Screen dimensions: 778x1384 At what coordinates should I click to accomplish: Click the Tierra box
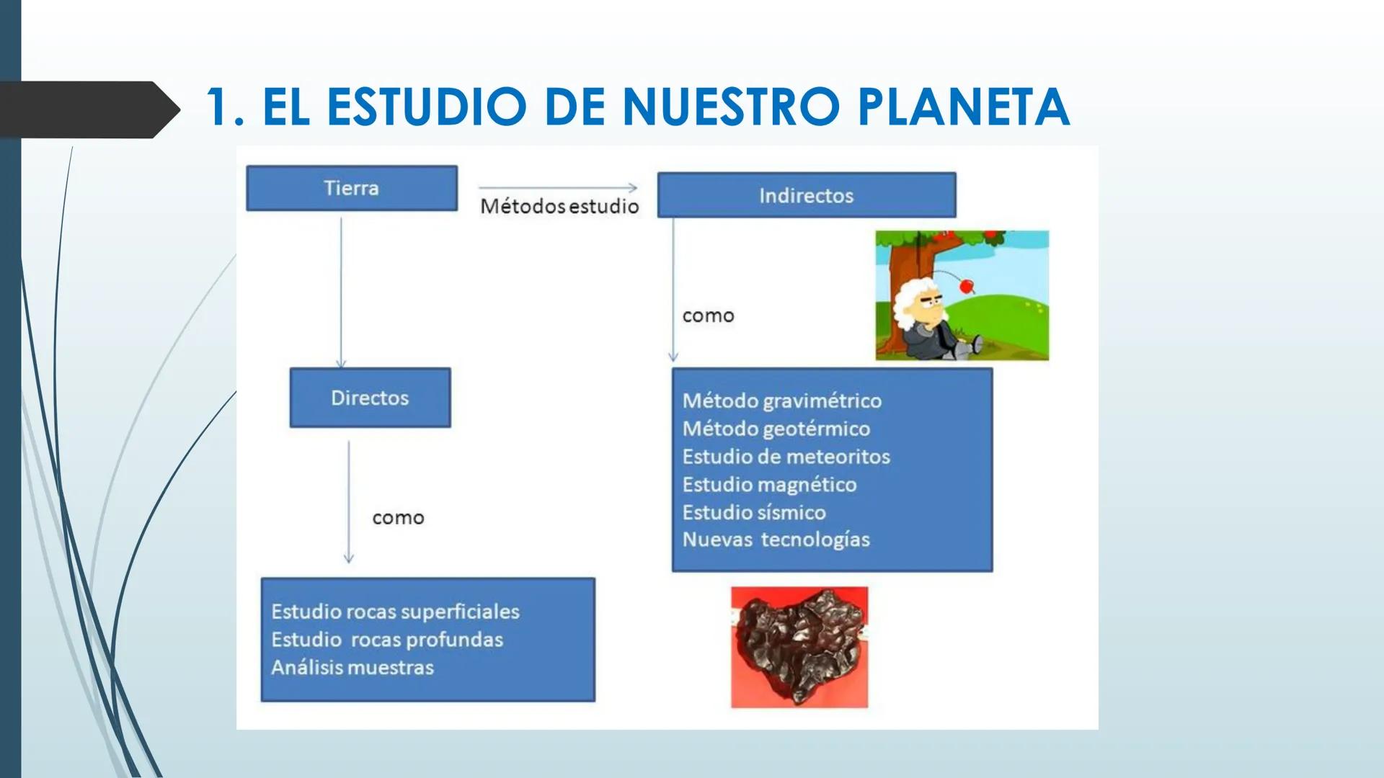tap(352, 188)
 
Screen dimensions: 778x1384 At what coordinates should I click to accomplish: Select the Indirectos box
tap(806, 195)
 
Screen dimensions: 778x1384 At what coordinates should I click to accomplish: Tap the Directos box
tap(370, 398)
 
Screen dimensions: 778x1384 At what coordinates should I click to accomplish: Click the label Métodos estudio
tap(559, 206)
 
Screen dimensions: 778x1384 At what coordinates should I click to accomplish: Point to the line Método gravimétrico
tap(782, 401)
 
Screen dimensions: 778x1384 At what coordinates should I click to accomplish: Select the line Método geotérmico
tap(776, 429)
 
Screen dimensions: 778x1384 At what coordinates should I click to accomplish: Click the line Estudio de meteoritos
tap(786, 457)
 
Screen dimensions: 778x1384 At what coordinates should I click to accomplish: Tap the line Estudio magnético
tap(769, 485)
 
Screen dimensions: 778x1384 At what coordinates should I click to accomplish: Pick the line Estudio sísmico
tap(754, 512)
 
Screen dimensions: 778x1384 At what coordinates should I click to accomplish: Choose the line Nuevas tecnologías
tap(776, 540)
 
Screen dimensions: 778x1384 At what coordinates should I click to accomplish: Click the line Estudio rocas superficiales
tap(395, 612)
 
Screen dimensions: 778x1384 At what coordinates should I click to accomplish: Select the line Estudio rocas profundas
tap(387, 640)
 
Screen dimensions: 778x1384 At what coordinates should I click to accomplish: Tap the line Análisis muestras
tap(352, 667)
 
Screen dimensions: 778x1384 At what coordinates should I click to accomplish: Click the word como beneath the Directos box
tap(398, 518)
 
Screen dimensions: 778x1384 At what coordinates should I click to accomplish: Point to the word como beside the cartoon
tap(708, 316)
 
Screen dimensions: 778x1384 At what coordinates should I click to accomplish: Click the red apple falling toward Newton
tap(967, 286)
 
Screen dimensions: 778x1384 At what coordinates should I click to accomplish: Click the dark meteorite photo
tap(799, 646)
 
